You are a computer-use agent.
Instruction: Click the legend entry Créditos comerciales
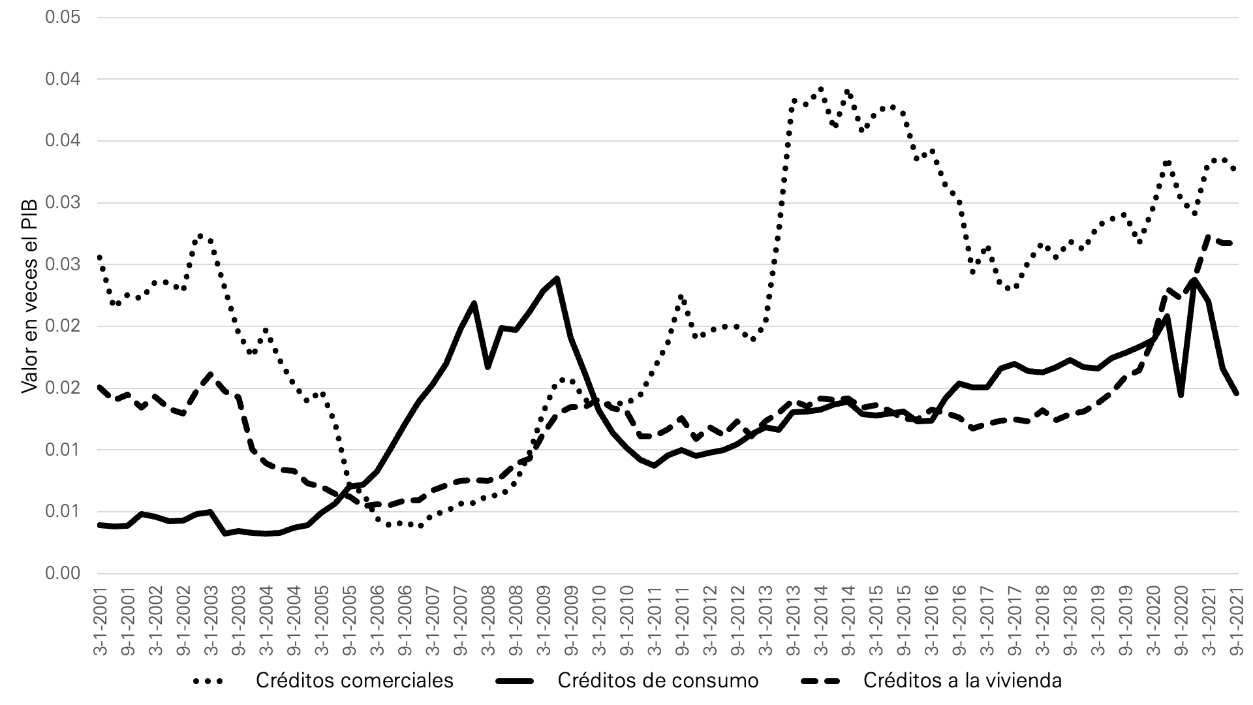pyautogui.click(x=354, y=681)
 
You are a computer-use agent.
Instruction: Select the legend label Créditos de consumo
pyautogui.click(x=658, y=681)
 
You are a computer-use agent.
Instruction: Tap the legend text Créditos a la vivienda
pyautogui.click(x=963, y=681)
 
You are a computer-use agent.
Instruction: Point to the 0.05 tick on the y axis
pyautogui.click(x=63, y=18)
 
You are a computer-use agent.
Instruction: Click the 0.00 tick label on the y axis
pyautogui.click(x=63, y=573)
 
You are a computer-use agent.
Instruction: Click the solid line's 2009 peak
pyautogui.click(x=557, y=279)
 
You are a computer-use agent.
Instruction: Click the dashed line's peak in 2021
pyautogui.click(x=1209, y=236)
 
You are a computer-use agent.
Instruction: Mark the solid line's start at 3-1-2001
pyautogui.click(x=100, y=525)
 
